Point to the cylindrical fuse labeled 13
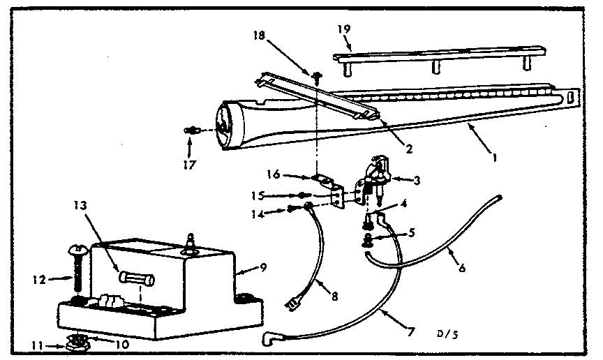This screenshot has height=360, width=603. pos(137,279)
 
